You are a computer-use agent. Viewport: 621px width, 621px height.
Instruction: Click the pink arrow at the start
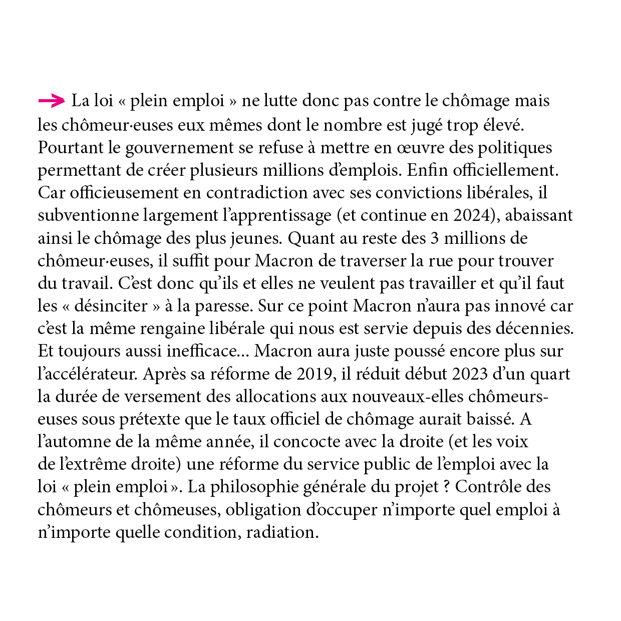51,101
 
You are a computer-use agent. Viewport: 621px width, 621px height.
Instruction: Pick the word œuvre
422,148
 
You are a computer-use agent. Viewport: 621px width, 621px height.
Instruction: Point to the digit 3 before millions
435,238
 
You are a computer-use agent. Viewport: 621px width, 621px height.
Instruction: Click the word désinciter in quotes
111,306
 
